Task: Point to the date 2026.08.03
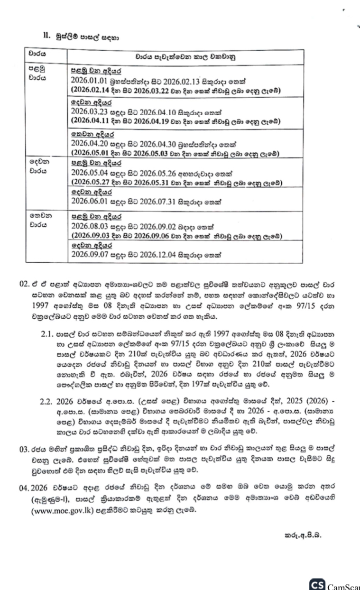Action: click(87, 227)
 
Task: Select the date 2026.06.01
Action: click(87, 201)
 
